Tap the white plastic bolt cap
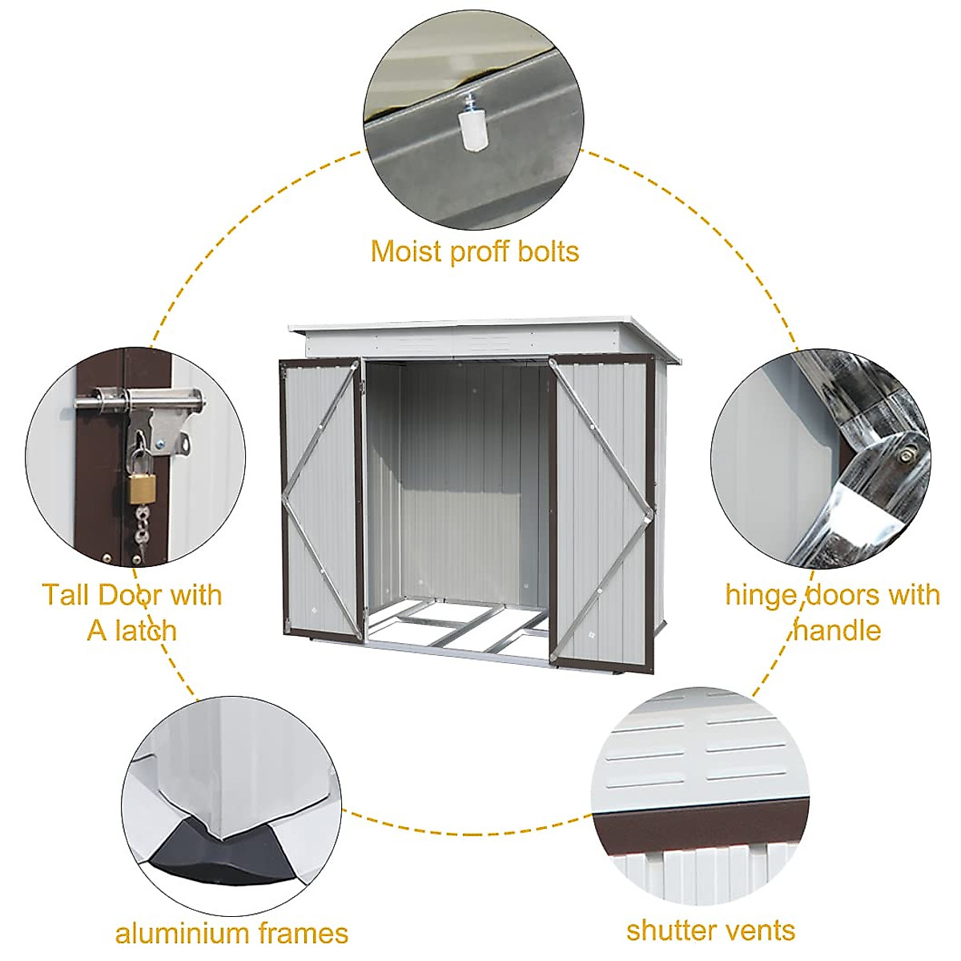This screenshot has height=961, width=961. [x=472, y=131]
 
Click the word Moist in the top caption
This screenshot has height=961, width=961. [x=406, y=251]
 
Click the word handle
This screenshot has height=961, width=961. [x=837, y=630]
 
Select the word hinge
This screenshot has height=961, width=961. [x=762, y=596]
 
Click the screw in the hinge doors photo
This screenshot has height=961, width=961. [x=905, y=456]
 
